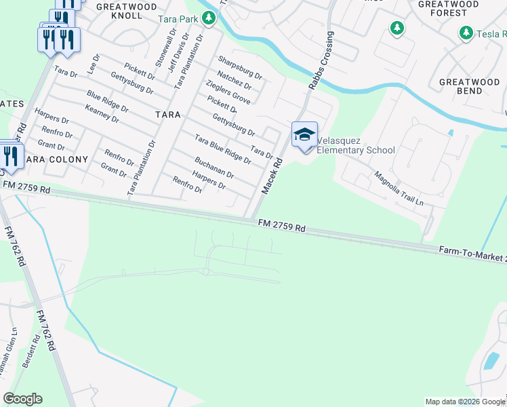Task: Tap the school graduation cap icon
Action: pyautogui.click(x=304, y=134)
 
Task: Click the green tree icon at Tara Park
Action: pyautogui.click(x=209, y=18)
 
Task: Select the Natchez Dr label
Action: pyautogui.click(x=235, y=81)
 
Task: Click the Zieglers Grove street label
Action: pyautogui.click(x=228, y=92)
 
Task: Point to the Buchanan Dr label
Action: pyautogui.click(x=214, y=167)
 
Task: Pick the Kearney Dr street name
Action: pyautogui.click(x=102, y=113)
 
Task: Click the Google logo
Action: pyautogui.click(x=22, y=399)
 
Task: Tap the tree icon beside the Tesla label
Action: pyautogui.click(x=466, y=33)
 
